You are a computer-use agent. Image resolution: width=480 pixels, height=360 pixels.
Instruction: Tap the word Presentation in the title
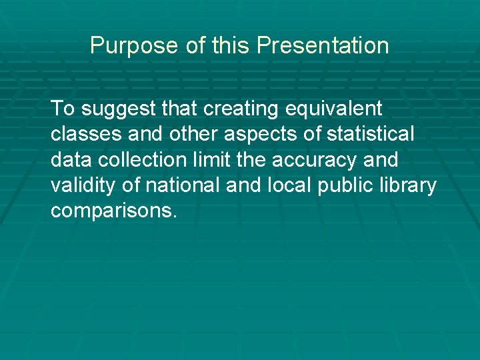pos(323,46)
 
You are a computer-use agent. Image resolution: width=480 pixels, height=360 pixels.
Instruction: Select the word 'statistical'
pos(370,134)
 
